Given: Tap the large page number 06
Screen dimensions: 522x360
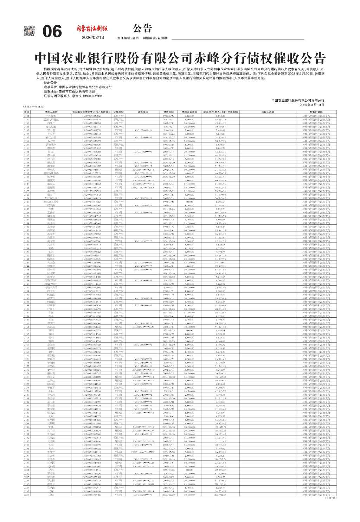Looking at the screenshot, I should click(52, 32).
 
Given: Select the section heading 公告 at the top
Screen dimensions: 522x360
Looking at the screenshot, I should click(143, 28).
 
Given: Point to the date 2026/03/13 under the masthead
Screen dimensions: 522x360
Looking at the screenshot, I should click(93, 38).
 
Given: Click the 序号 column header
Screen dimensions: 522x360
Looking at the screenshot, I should click(27, 112).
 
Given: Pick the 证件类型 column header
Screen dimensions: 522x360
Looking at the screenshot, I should click(118, 112).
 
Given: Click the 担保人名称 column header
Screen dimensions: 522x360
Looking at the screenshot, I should click(268, 112).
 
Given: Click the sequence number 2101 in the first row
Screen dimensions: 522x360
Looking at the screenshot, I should click(27, 115).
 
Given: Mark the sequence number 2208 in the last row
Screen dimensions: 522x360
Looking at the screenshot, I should click(27, 494).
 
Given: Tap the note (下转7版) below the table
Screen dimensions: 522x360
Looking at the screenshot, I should click(330, 498).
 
